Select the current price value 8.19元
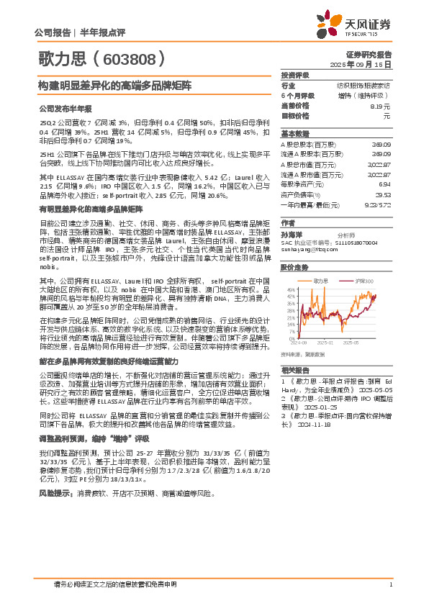[x=380, y=106]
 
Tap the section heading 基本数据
[x=294, y=134]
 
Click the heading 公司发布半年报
[x=66, y=109]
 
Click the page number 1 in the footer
[x=389, y=584]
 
